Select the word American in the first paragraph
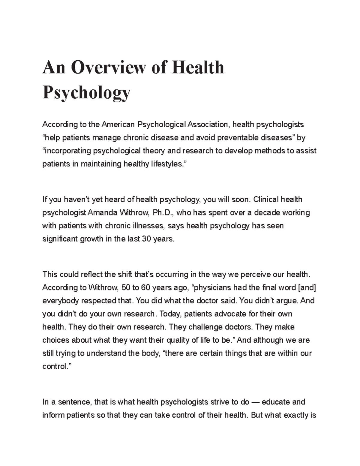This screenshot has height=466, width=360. point(118,124)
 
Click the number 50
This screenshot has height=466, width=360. point(126,288)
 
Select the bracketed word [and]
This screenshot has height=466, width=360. point(306,288)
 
